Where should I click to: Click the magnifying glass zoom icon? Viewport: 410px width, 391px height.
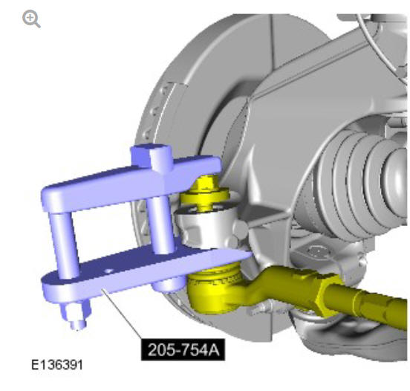tap(31, 19)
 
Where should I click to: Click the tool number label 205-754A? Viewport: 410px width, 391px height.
tap(183, 349)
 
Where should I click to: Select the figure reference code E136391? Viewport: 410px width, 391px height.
tap(57, 365)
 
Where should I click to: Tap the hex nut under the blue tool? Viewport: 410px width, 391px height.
tap(76, 311)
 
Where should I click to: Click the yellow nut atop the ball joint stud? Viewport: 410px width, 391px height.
tap(206, 182)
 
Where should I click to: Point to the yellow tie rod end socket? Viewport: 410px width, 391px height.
tap(215, 288)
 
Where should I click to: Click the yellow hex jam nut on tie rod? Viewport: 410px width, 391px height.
tap(330, 293)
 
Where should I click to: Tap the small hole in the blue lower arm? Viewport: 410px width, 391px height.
tap(108, 271)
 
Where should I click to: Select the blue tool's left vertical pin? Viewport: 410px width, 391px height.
tap(65, 245)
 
